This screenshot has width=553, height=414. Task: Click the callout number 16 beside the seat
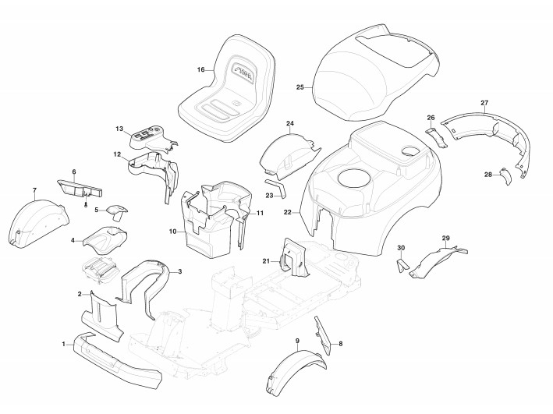pos(200,70)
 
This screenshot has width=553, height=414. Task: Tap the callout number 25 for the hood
pos(300,87)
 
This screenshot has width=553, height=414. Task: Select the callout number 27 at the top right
pos(484,104)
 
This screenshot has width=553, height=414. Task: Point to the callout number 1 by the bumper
pos(64,344)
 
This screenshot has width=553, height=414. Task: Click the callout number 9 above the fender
pos(297,342)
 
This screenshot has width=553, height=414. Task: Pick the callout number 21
pos(265,260)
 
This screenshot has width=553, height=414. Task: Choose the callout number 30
pos(401,248)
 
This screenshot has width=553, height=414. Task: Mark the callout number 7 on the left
pos(34,191)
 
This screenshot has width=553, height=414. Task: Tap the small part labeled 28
pos(504,176)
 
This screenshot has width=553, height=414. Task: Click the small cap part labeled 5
pos(117,211)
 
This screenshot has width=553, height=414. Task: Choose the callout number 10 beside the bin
pos(172,232)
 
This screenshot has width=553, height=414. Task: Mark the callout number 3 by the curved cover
pos(180,271)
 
